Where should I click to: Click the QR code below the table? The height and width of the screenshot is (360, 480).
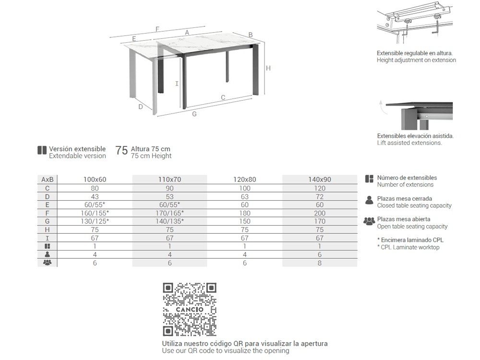pos(190,310)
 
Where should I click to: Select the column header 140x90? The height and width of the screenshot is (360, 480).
pos(319,180)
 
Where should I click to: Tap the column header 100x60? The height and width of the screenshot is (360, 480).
pos(95,180)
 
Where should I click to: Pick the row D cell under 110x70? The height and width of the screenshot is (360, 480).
pos(169,196)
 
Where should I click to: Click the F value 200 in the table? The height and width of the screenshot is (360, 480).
pos(319,213)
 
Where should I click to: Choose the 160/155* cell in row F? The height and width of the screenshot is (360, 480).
pos(95,213)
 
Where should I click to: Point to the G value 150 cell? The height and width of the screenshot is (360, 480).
pos(245,221)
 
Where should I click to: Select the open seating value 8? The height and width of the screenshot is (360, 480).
pos(319,263)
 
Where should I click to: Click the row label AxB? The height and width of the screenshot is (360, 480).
pos(47,180)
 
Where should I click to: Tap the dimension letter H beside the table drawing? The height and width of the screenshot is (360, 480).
pos(268,68)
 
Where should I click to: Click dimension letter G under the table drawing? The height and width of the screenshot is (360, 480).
pos(194,114)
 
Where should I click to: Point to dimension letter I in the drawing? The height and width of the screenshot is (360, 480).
pos(177,84)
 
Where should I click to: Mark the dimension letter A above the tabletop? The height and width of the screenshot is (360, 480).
pos(187,32)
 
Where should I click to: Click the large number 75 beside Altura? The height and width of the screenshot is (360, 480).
pos(122,151)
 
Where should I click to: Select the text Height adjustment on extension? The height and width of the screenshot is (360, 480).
pos(416,60)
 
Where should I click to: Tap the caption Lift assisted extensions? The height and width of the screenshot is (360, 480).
pos(409,143)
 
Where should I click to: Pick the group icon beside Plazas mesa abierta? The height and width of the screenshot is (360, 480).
pos(369,222)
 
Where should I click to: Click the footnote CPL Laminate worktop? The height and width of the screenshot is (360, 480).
pos(409,247)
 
